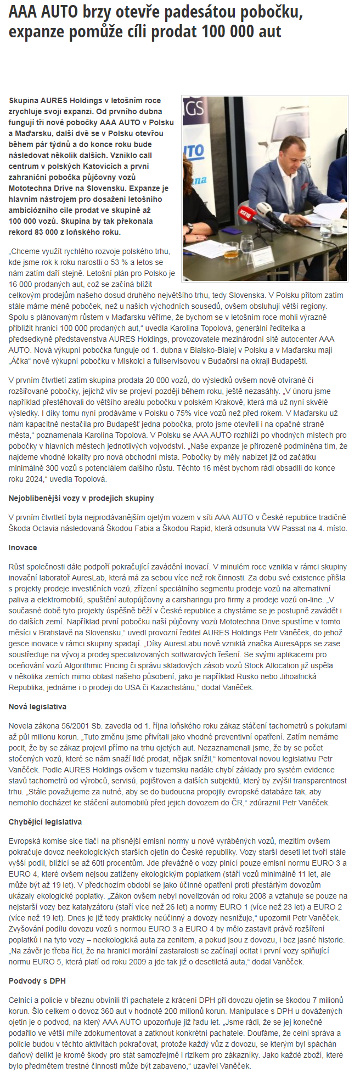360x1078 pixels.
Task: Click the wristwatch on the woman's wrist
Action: tap(189, 227)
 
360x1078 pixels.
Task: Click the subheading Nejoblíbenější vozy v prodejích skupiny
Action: tap(81, 498)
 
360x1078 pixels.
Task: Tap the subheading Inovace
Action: tap(23, 548)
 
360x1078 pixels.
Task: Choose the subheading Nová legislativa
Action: tap(37, 707)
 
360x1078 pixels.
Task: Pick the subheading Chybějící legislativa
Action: tap(46, 822)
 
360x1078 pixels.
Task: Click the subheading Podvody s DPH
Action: tap(37, 981)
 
